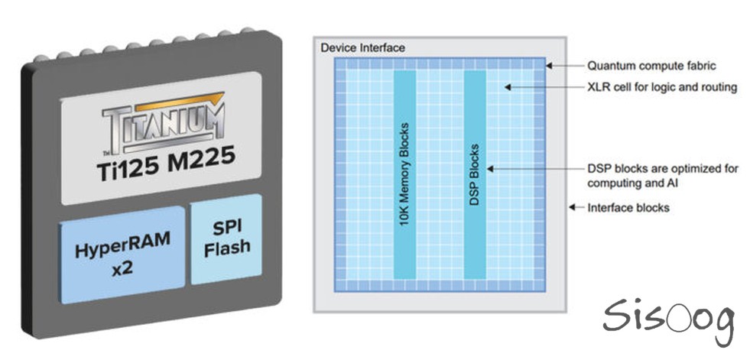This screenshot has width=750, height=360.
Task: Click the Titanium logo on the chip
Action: coord(163,123)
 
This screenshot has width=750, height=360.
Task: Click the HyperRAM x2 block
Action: coord(122,255)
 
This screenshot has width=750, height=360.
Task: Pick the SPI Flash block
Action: coord(227,239)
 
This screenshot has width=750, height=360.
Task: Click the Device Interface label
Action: coord(362,48)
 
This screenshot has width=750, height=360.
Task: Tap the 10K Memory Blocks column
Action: coord(404,174)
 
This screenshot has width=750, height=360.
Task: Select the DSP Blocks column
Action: coord(475,174)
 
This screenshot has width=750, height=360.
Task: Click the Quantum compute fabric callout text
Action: coord(651,66)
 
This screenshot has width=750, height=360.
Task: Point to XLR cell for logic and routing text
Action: coord(662,87)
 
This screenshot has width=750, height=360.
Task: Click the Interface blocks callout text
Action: coord(628,207)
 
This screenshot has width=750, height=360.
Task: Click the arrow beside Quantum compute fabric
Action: coord(565,66)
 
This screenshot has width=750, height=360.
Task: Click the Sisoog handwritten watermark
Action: coord(668,319)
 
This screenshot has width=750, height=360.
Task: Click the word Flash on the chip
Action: coord(227,248)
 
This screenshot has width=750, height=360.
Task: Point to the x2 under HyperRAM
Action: coord(122,269)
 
